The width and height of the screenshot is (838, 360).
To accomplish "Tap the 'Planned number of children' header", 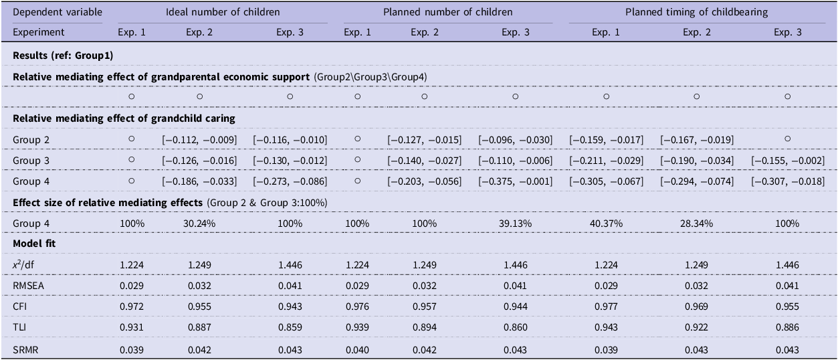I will [448, 12].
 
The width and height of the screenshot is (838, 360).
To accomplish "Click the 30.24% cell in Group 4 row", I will [199, 223].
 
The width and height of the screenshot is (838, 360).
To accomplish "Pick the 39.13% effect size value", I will [515, 223].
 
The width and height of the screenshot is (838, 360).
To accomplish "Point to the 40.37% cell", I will [606, 223].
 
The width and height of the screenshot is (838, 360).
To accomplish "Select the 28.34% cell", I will [697, 223].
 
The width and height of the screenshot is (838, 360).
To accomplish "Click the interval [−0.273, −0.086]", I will [290, 181].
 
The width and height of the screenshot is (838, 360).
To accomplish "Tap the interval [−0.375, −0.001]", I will [515, 181].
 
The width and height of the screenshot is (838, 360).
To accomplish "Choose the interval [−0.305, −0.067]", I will [606, 181].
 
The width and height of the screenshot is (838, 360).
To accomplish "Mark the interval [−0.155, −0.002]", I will [787, 161].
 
